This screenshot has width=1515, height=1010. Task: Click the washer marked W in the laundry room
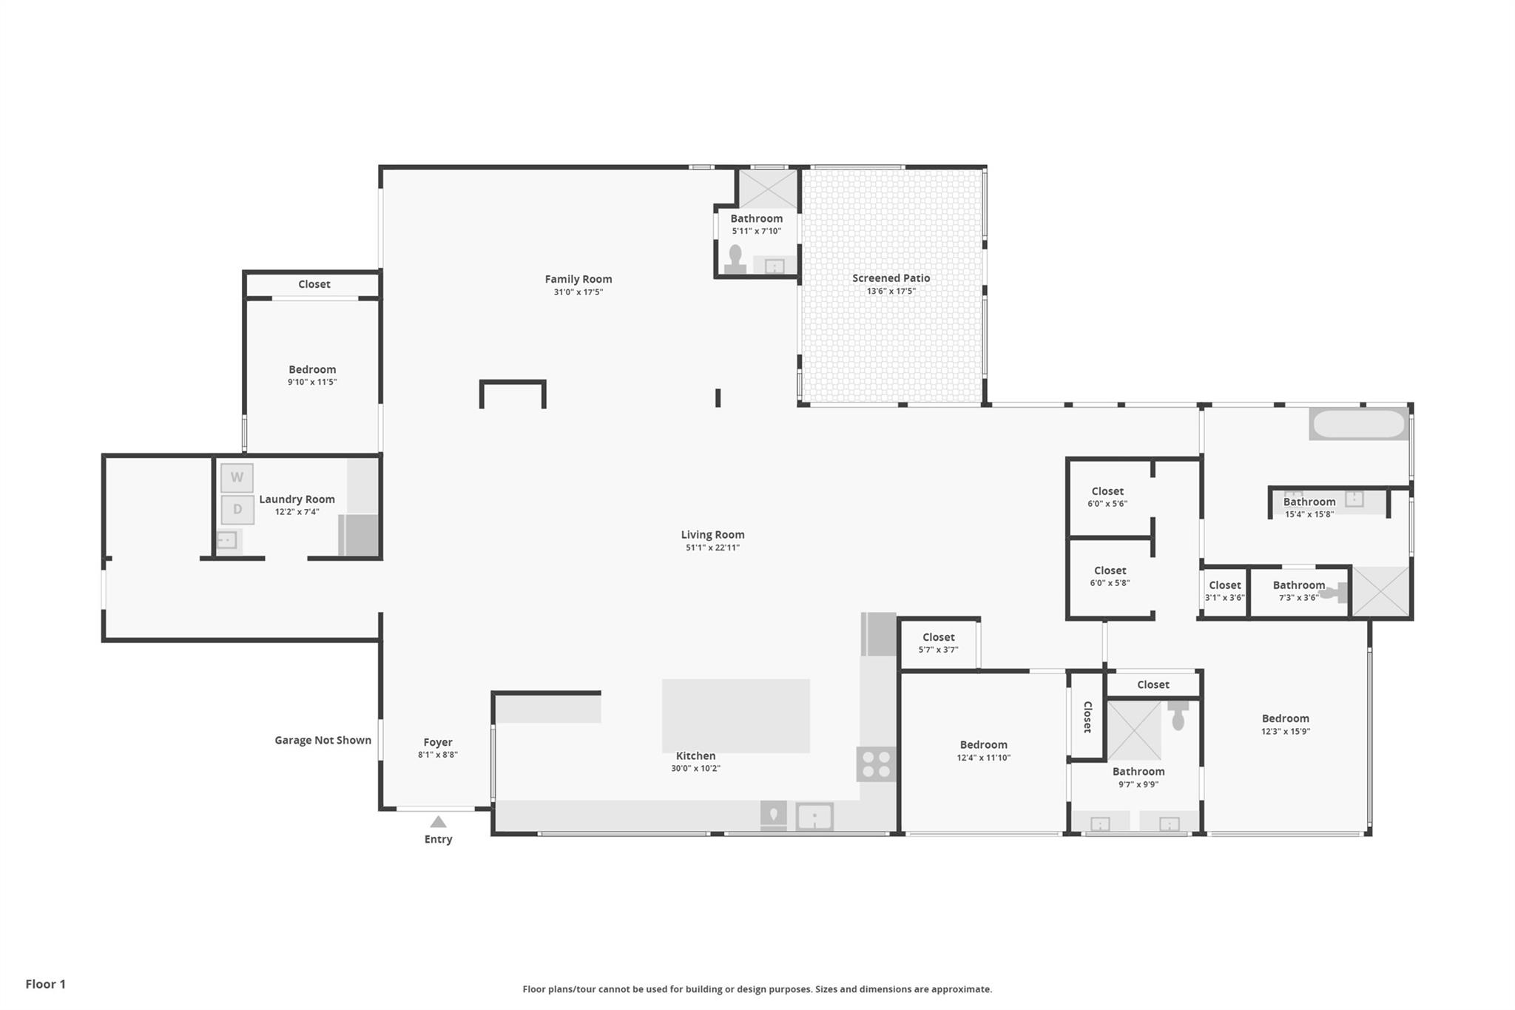click(x=237, y=477)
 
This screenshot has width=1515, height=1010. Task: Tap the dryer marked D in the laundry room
click(x=237, y=509)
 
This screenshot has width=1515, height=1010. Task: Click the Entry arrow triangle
click(x=438, y=821)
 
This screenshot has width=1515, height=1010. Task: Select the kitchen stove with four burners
click(x=876, y=764)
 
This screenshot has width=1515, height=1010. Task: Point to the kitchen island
click(x=735, y=716)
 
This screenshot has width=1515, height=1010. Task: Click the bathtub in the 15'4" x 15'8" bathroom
click(x=1359, y=424)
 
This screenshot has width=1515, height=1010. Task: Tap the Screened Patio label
click(x=891, y=278)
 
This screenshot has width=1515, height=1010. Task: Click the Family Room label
click(x=578, y=279)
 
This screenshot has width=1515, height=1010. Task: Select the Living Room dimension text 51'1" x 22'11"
click(x=712, y=548)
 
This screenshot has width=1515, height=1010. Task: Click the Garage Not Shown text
click(x=323, y=740)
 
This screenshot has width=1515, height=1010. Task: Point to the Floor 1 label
click(x=45, y=983)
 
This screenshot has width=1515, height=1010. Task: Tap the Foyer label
click(x=438, y=742)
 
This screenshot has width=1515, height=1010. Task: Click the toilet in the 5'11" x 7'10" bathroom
click(x=735, y=259)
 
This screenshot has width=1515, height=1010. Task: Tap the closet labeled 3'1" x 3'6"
click(x=1224, y=592)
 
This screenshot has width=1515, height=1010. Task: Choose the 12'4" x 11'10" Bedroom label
click(x=983, y=744)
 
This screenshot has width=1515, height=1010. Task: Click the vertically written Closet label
click(x=1087, y=716)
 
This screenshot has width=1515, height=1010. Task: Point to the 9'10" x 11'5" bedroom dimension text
click(x=312, y=382)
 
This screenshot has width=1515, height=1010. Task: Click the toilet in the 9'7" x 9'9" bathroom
click(x=1178, y=715)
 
